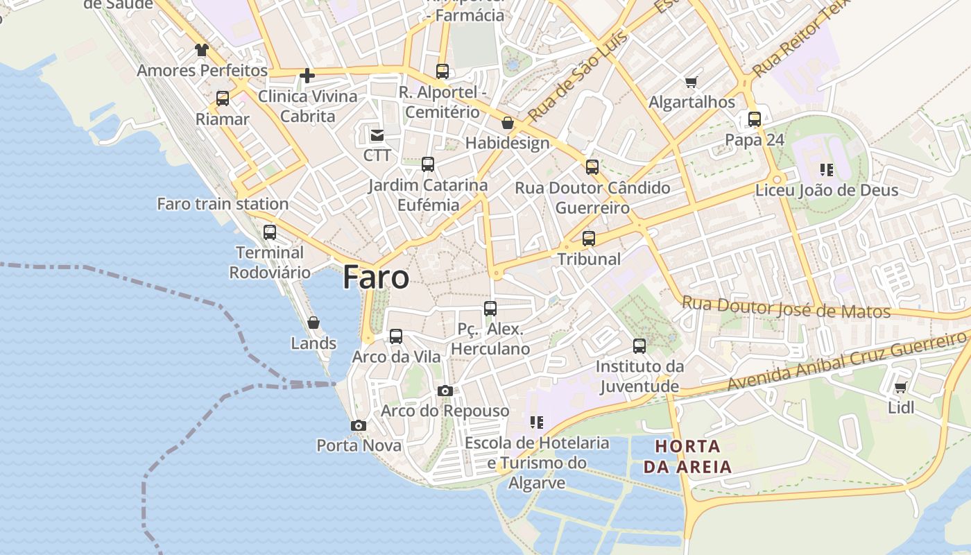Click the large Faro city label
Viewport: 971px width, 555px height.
coord(376,277)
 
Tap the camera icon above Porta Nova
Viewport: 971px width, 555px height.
coord(359,425)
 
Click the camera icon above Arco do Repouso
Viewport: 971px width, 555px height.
coord(445,391)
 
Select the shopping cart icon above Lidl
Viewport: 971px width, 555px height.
coord(900,387)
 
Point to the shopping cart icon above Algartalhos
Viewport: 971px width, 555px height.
coord(691,83)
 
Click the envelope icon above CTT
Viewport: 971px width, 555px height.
coord(377,135)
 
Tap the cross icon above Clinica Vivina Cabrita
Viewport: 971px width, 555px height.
coord(307,76)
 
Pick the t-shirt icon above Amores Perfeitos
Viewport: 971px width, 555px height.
coord(201,50)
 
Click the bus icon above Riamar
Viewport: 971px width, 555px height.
coord(222,99)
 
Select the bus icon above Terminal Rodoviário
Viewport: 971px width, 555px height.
coord(270,232)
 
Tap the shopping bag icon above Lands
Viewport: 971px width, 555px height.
coord(313,323)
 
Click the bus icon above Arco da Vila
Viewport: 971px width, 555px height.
coord(396,336)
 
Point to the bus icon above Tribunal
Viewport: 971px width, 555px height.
coord(589,239)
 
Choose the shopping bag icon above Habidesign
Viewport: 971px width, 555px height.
coord(508,123)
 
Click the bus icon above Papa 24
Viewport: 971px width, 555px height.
coord(755,119)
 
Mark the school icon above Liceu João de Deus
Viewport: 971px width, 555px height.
coord(826,169)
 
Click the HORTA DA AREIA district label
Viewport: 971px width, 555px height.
coord(688,456)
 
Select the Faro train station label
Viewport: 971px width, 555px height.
coord(223,204)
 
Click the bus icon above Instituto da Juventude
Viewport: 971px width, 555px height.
coord(639,345)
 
